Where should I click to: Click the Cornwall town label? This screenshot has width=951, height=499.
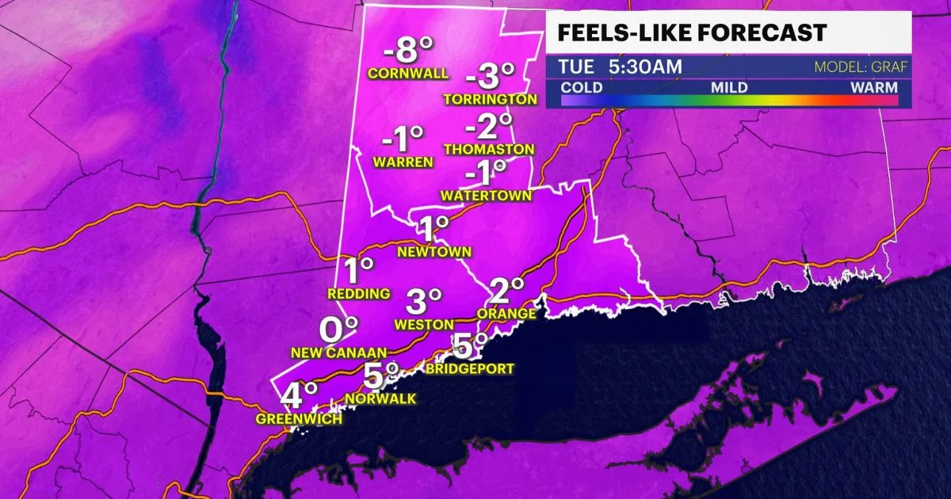pyautogui.click(x=408, y=74)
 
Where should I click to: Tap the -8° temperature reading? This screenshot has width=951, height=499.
pyautogui.click(x=409, y=53)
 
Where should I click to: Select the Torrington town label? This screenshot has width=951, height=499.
pyautogui.click(x=491, y=100)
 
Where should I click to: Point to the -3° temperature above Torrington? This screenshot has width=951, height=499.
pyautogui.click(x=491, y=78)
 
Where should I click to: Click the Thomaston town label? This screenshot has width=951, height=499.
pyautogui.click(x=489, y=149)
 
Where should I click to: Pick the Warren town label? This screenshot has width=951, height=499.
pyautogui.click(x=404, y=162)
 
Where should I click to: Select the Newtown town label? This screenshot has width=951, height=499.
pyautogui.click(x=435, y=252)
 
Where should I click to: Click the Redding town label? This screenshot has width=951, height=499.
pyautogui.click(x=359, y=294)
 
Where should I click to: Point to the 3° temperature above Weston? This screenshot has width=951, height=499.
pyautogui.click(x=423, y=301)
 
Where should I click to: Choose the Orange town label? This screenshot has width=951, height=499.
pyautogui.click(x=506, y=314)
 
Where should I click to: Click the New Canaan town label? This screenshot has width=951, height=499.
pyautogui.click(x=338, y=352)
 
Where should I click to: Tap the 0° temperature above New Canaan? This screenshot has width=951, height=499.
pyautogui.click(x=338, y=328)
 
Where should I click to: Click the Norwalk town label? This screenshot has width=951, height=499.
pyautogui.click(x=380, y=399)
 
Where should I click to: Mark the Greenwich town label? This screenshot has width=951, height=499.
pyautogui.click(x=299, y=419)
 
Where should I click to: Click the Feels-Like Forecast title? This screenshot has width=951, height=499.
pyautogui.click(x=692, y=32)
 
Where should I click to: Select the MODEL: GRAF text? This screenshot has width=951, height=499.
pyautogui.click(x=861, y=67)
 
